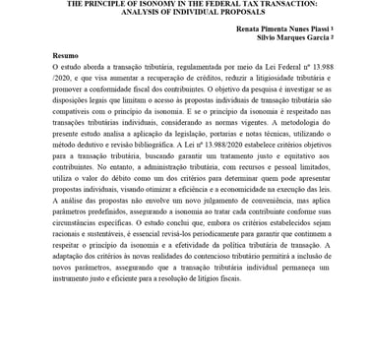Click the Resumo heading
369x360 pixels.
[x=65, y=57]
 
